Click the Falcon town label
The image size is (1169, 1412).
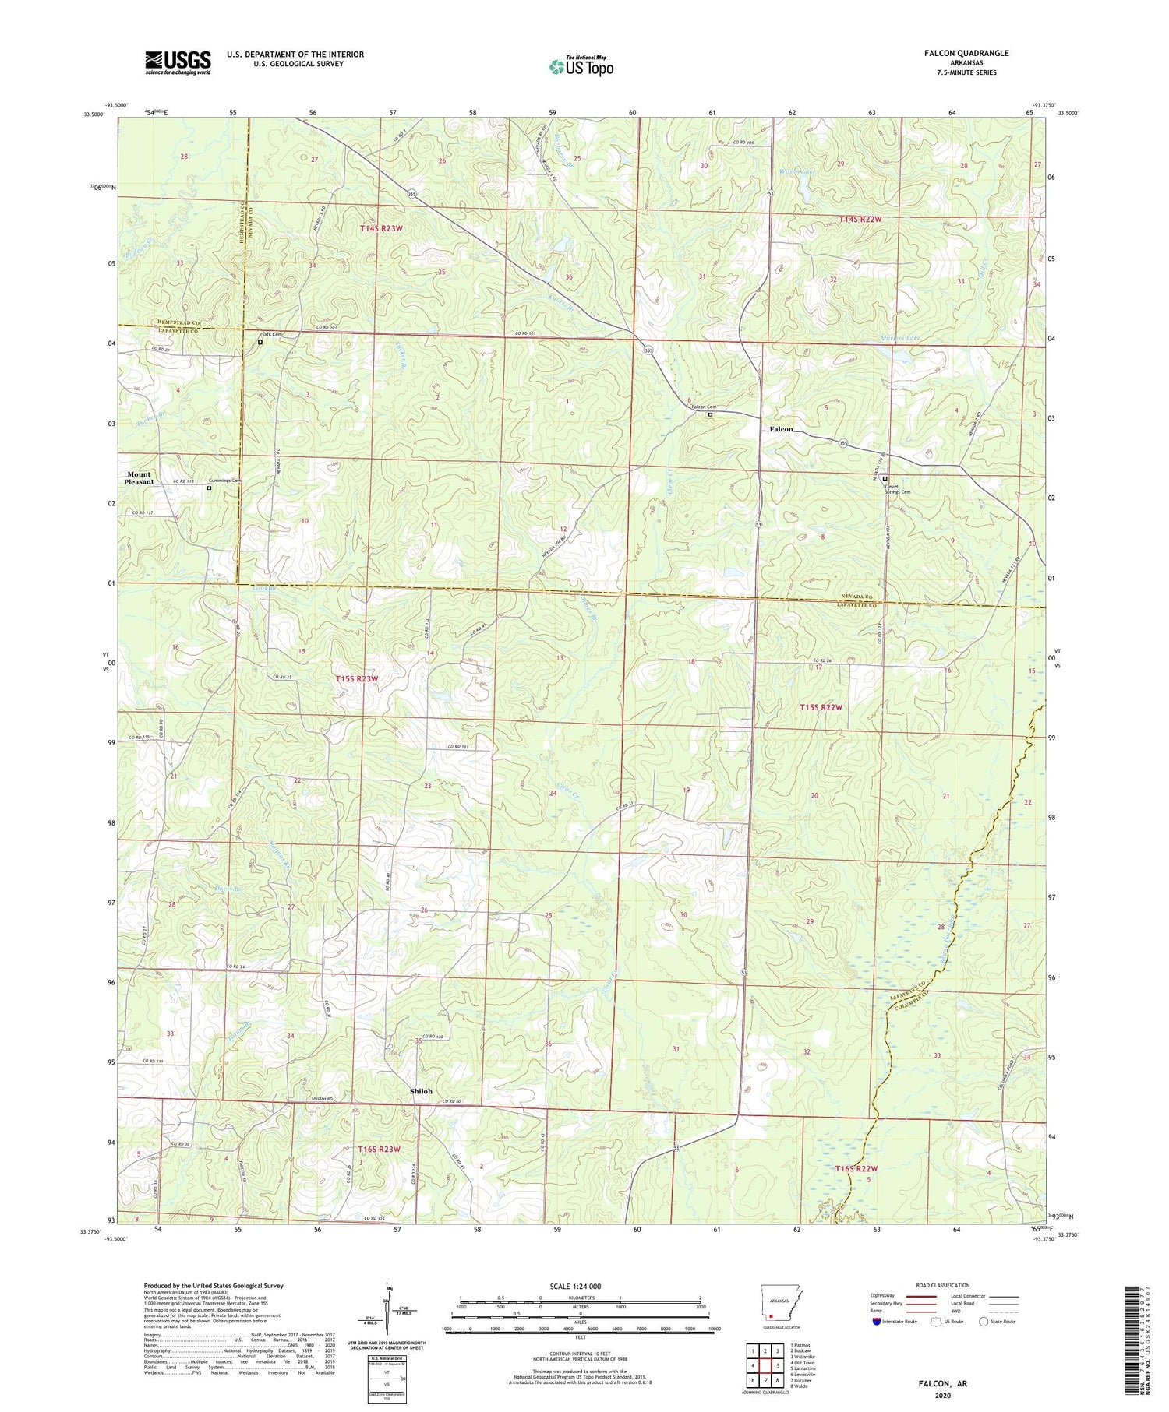(x=781, y=429)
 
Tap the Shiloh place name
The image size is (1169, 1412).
(x=421, y=1091)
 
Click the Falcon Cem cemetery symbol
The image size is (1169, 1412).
(x=710, y=415)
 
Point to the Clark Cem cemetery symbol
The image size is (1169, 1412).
(x=260, y=342)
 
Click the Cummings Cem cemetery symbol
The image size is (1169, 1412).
(x=209, y=488)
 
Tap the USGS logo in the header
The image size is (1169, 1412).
(x=178, y=62)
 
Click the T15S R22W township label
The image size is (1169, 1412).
(x=821, y=707)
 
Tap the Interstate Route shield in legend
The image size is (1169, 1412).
(x=877, y=1322)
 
